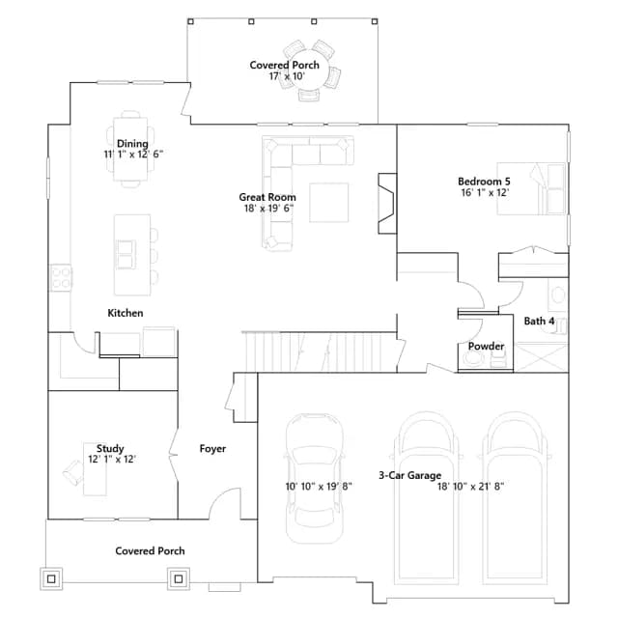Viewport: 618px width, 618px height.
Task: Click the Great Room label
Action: [267, 197]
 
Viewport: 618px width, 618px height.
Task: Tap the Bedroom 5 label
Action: [484, 182]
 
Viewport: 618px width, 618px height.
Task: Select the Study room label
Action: [110, 448]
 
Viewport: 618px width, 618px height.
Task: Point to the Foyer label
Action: [212, 448]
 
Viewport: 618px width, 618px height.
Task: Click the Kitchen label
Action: [126, 313]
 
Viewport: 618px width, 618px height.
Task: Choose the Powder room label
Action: [486, 346]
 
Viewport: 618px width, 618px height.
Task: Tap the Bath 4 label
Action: [539, 321]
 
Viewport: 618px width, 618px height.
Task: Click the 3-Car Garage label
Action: [409, 475]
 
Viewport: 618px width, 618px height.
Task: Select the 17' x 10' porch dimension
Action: [287, 76]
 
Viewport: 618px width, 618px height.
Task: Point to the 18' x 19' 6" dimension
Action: [268, 209]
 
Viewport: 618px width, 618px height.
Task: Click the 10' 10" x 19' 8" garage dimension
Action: [319, 487]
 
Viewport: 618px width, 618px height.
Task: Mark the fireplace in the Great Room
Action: [387, 204]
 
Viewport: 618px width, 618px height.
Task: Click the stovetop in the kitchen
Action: [61, 278]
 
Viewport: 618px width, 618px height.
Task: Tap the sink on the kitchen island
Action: [126, 255]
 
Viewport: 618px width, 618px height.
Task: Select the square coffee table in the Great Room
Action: [328, 202]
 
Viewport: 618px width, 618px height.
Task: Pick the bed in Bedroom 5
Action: [531, 188]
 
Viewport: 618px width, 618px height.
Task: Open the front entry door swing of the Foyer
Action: [224, 503]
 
